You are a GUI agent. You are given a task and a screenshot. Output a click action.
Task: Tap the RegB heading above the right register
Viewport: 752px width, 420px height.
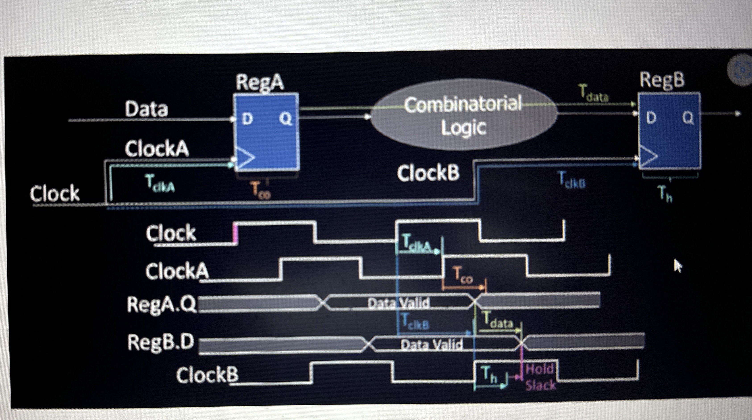tap(662, 80)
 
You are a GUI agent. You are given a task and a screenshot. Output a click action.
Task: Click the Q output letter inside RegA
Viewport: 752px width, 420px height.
tap(285, 119)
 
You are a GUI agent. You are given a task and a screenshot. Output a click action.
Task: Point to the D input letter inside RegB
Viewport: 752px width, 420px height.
tap(651, 118)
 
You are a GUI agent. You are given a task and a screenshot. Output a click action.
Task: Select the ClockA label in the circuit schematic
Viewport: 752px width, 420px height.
tap(157, 149)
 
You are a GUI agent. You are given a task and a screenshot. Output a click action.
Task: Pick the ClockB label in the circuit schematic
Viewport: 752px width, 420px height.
tap(428, 173)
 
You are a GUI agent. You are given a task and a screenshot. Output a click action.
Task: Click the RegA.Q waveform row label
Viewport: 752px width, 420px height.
tap(161, 304)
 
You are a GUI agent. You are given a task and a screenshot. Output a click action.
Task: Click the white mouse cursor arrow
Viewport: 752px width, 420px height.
tap(678, 266)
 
